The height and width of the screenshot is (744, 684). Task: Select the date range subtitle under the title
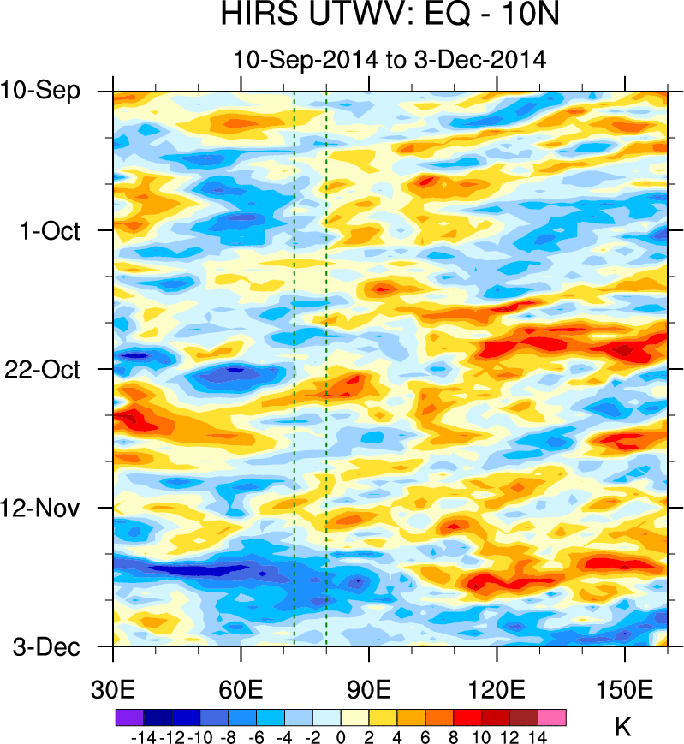click(x=390, y=60)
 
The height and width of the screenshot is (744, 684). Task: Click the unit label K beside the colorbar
click(x=623, y=727)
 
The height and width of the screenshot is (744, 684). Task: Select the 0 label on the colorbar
click(x=341, y=735)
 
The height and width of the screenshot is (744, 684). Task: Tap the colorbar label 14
click(x=538, y=735)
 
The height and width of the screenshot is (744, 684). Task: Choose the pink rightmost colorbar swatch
click(x=552, y=717)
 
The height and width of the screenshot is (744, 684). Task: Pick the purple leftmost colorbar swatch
click(x=128, y=717)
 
